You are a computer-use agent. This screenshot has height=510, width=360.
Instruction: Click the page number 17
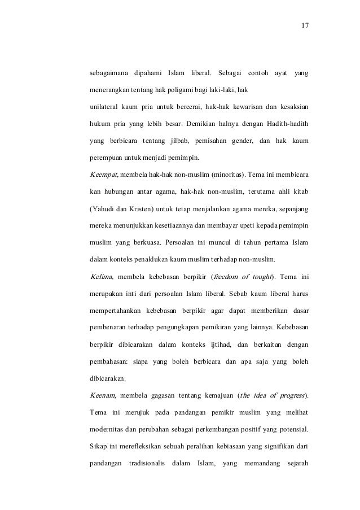(305, 26)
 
